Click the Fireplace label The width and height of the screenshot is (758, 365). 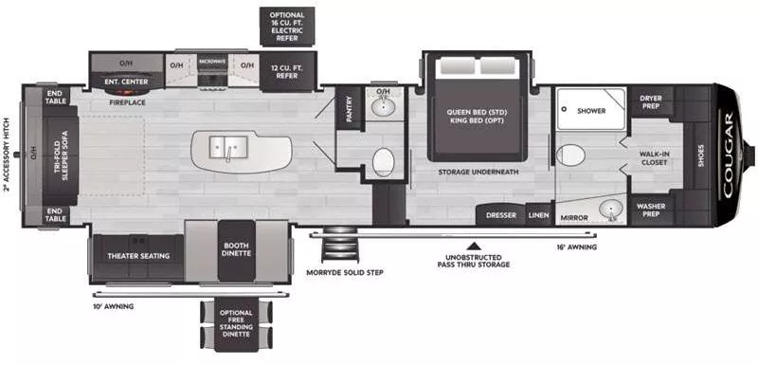126,100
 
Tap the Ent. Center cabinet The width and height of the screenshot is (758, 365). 126,81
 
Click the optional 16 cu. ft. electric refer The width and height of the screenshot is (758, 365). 287,26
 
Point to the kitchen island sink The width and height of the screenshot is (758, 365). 228,146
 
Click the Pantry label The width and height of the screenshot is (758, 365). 348,111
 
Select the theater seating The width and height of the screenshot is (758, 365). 137,256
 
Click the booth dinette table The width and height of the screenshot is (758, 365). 237,250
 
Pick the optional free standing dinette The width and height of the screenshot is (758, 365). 237,326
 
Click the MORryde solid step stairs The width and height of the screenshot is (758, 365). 337,247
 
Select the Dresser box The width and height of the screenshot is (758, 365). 501,215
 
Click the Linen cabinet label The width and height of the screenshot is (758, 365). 539,215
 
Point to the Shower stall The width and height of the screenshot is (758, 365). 590,111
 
